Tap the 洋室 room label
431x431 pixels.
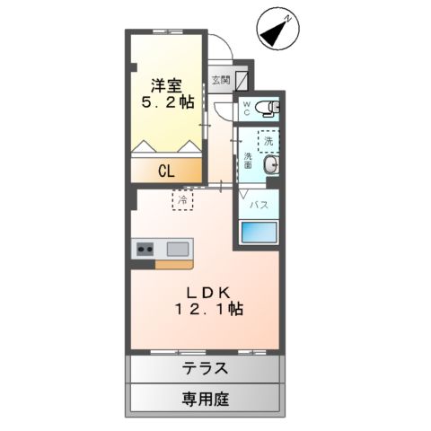point(166,86)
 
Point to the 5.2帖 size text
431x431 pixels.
point(166,104)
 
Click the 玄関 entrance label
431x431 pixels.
point(220,80)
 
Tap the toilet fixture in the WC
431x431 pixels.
point(268,109)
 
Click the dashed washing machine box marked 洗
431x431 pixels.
point(267,140)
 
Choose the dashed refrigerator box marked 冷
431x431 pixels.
point(181,199)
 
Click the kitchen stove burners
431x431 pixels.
point(145,249)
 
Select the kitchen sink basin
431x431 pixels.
point(177,249)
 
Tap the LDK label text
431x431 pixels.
point(210,292)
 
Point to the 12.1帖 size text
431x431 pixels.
point(210,310)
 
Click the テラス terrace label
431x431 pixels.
point(206,368)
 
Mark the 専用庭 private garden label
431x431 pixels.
point(206,398)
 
